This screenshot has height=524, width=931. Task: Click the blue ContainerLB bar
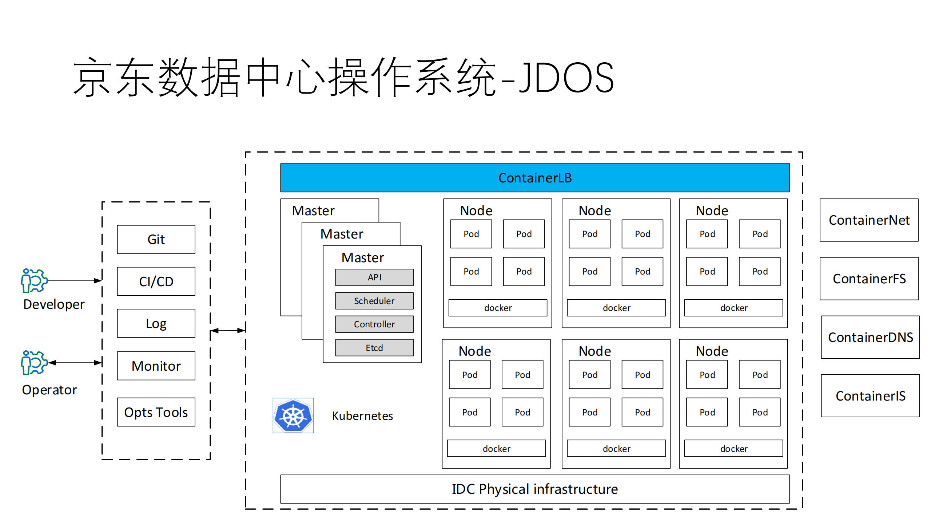(x=534, y=178)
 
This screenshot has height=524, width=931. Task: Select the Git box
(x=156, y=239)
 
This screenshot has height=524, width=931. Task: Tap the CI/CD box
(x=156, y=281)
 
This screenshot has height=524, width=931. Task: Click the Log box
(x=156, y=323)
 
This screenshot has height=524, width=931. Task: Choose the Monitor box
(x=156, y=366)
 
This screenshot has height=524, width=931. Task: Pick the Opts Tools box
(x=156, y=412)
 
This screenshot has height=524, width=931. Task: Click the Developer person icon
(x=33, y=281)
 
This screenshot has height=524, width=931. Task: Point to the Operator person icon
(x=33, y=362)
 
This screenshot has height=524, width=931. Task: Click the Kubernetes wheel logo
(x=293, y=415)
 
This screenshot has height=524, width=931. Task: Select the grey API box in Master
(x=374, y=277)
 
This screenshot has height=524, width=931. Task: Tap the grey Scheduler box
(x=374, y=301)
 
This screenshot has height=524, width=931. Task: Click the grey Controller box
(x=374, y=324)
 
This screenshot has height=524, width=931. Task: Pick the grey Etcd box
(x=374, y=348)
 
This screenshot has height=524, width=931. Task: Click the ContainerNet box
(x=869, y=220)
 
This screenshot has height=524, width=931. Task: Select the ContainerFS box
(x=869, y=279)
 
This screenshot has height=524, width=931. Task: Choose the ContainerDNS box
(x=870, y=337)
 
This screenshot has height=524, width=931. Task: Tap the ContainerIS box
(x=870, y=396)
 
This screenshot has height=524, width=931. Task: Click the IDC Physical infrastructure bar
(x=534, y=489)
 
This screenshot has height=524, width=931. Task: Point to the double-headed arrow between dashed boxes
(x=228, y=331)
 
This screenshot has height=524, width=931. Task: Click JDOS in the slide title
(x=566, y=78)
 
